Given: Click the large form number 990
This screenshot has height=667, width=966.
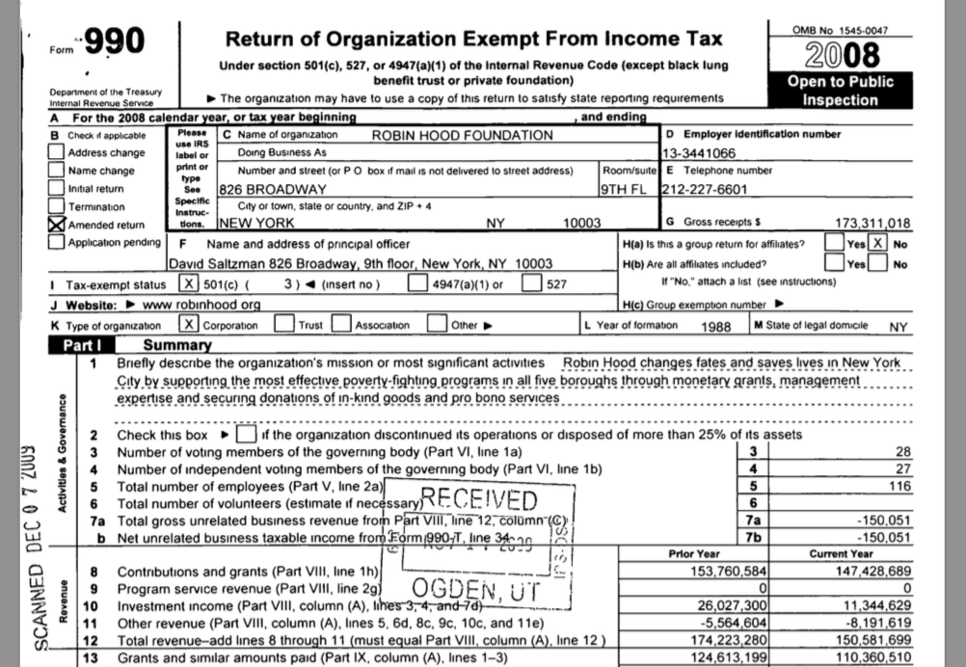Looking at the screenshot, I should pyautogui.click(x=116, y=41).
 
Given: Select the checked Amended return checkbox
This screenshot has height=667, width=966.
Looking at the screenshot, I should pyautogui.click(x=58, y=225).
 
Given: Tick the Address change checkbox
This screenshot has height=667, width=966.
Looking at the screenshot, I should pyautogui.click(x=58, y=152).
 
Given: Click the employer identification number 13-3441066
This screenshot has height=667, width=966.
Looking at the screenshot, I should pyautogui.click(x=700, y=153).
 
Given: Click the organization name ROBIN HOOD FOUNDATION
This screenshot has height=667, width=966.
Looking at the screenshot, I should pyautogui.click(x=463, y=135).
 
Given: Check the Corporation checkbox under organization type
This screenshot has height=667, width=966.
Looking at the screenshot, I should pyautogui.click(x=191, y=325).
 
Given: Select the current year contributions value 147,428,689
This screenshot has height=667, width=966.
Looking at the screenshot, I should pyautogui.click(x=861, y=572).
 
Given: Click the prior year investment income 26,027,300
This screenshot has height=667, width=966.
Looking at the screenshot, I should pyautogui.click(x=727, y=606).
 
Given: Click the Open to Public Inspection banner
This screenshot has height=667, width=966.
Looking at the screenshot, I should pyautogui.click(x=840, y=91).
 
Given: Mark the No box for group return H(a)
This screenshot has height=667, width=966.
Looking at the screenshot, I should pyautogui.click(x=878, y=244).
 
